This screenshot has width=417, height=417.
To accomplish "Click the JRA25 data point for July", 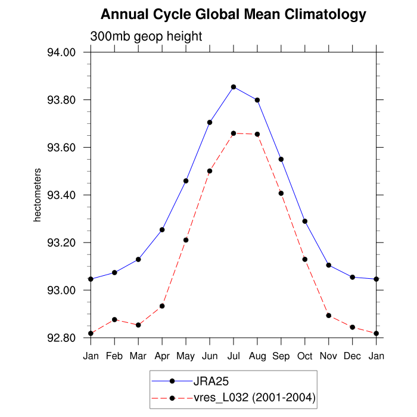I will click(x=234, y=87).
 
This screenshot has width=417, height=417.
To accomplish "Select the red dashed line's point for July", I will click(x=234, y=133).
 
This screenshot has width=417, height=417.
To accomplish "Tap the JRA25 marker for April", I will click(x=162, y=229).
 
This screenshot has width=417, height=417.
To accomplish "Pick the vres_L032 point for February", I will click(x=114, y=320).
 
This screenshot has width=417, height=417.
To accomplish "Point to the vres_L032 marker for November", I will click(x=329, y=315).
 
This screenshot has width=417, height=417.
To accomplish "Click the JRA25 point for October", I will click(x=305, y=221).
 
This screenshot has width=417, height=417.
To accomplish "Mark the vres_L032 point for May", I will click(x=186, y=240).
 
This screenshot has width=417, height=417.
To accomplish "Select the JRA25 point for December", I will click(x=353, y=277).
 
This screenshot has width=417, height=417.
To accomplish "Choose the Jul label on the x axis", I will click(x=234, y=356).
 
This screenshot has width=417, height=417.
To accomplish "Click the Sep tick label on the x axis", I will click(x=281, y=356).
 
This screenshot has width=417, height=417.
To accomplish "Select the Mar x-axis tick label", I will click(x=138, y=356).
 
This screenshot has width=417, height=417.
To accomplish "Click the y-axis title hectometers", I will click(x=37, y=195).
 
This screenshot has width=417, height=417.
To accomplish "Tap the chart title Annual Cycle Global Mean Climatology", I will click(x=234, y=14).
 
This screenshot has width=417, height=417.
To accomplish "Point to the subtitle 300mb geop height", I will click(x=147, y=36).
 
